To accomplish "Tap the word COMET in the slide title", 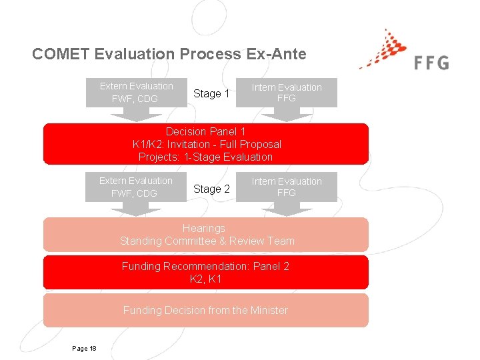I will pyautogui.click(x=61, y=54).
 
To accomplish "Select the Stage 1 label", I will pyautogui.click(x=211, y=93).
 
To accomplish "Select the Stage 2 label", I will pyautogui.click(x=211, y=189).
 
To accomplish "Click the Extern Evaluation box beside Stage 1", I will pyautogui.click(x=136, y=93).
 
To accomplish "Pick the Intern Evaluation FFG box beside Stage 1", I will pyautogui.click(x=286, y=93).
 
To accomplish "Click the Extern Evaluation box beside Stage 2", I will pyautogui.click(x=136, y=187).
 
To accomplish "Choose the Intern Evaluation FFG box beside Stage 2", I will pyautogui.click(x=286, y=187).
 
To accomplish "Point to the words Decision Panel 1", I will pyautogui.click(x=205, y=131).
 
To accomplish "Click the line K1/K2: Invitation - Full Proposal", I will pyautogui.click(x=207, y=144).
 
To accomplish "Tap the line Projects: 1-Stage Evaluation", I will pyautogui.click(x=205, y=157).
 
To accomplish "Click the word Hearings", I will pyautogui.click(x=207, y=228).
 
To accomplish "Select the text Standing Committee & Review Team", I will pyautogui.click(x=207, y=241).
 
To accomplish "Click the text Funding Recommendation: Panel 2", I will pyautogui.click(x=205, y=266).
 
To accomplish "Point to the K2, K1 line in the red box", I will pyautogui.click(x=205, y=279).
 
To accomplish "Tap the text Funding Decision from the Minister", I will pyautogui.click(x=205, y=310).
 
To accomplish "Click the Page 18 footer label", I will pyautogui.click(x=84, y=349).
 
